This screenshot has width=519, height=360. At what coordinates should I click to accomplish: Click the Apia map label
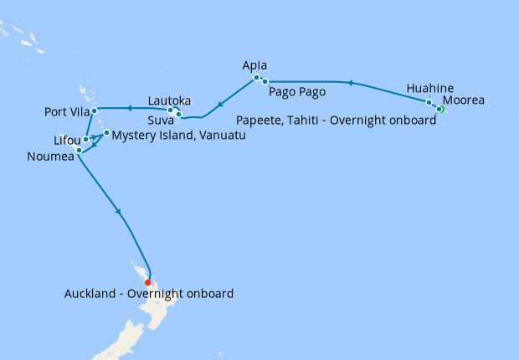click(256, 64)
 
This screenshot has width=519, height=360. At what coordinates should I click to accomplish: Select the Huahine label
click(431, 88)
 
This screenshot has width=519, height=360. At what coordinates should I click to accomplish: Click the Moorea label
click(464, 100)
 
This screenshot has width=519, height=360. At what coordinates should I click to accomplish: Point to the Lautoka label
click(170, 100)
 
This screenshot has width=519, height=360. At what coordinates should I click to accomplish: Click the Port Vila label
click(66, 111)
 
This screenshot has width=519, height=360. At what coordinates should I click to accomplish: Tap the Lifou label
click(65, 141)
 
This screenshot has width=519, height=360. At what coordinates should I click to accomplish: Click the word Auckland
click(90, 294)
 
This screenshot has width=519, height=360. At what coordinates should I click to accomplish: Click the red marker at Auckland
click(147, 282)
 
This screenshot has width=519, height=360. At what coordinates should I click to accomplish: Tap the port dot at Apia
click(256, 78)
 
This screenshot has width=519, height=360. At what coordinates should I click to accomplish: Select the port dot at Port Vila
click(95, 111)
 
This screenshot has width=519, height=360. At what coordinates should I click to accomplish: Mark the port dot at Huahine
click(429, 103)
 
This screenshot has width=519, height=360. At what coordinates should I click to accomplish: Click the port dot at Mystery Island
click(106, 133)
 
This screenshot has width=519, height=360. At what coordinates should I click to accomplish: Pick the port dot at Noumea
click(79, 150)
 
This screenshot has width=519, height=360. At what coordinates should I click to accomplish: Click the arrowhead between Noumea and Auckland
click(121, 215)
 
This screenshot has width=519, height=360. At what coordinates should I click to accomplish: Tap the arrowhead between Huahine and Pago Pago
click(351, 83)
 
